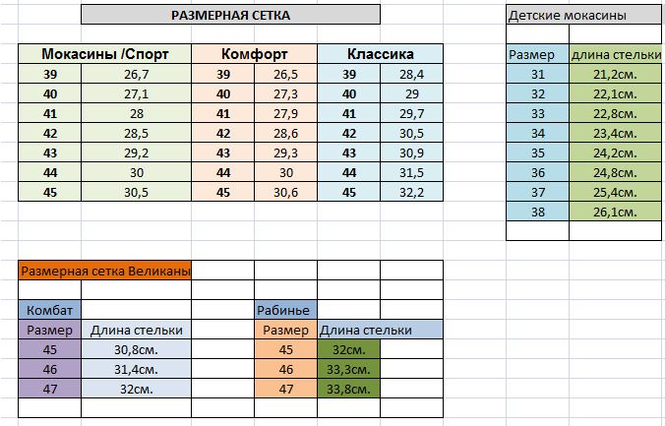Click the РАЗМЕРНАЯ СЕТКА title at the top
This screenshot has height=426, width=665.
pyautogui.click(x=230, y=15)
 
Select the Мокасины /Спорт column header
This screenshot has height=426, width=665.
pyautogui.click(x=102, y=54)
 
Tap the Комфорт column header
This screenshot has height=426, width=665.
pyautogui.click(x=254, y=54)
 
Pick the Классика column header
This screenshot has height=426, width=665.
pyautogui.click(x=380, y=54)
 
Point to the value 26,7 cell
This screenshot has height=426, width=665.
pyautogui.click(x=136, y=74)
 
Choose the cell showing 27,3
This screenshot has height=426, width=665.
pyautogui.click(x=286, y=93)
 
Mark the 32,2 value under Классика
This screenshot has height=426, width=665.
pyautogui.click(x=410, y=192)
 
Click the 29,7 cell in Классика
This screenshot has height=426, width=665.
pyautogui.click(x=410, y=113)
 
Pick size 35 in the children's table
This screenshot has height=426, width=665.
pyautogui.click(x=537, y=152)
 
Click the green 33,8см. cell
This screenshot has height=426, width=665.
pyautogui.click(x=348, y=389)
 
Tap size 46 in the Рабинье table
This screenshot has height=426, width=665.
pyautogui.click(x=286, y=369)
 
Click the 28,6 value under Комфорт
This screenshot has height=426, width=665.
pyautogui.click(x=286, y=133)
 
